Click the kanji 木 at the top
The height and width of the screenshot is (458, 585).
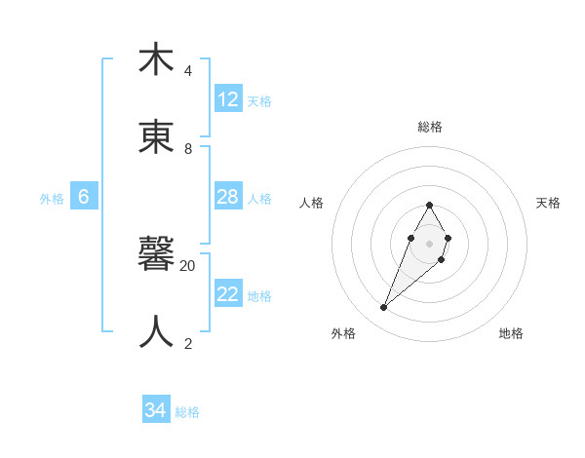(x=156, y=59)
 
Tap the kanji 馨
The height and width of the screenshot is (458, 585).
(x=156, y=255)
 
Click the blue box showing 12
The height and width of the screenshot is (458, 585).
(x=228, y=99)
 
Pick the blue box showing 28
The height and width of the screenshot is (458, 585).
(x=228, y=198)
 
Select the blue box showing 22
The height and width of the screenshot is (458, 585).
(x=228, y=295)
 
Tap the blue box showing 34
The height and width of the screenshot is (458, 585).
(x=156, y=411)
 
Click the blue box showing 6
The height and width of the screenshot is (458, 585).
(x=84, y=198)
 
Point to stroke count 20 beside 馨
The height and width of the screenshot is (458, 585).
(x=188, y=265)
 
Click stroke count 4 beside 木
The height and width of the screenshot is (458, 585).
(x=188, y=71)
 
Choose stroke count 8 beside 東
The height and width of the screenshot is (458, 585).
(x=188, y=149)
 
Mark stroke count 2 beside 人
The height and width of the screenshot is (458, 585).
(x=188, y=343)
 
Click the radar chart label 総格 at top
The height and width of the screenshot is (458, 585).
(x=429, y=127)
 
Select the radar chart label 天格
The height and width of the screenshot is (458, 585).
(x=548, y=203)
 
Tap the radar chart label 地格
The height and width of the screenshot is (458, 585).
(x=511, y=333)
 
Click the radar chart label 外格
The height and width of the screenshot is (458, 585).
(x=343, y=333)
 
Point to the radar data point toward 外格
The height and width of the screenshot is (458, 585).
(x=383, y=308)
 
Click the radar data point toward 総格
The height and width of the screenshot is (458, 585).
(x=429, y=205)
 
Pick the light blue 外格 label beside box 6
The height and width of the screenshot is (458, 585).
(x=52, y=199)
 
